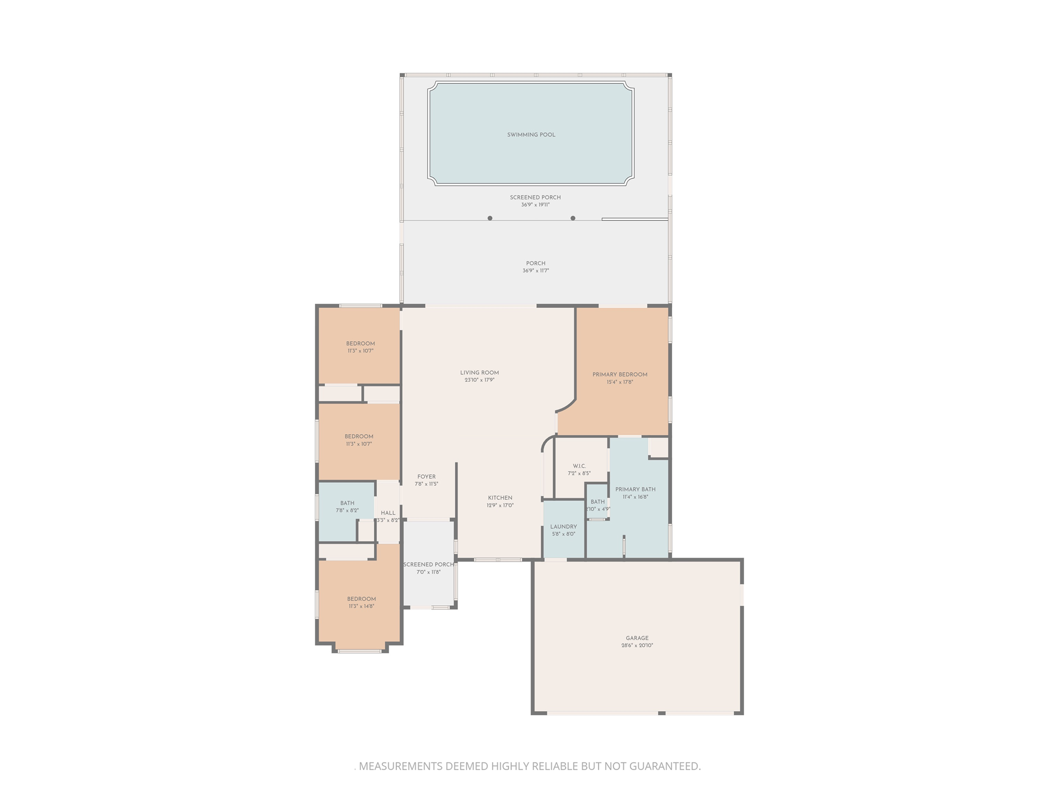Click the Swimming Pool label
(531, 135)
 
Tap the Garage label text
(637, 638)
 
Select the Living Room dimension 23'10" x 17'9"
(479, 380)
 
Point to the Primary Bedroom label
(619, 375)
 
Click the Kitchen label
(500, 498)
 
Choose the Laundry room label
(563, 527)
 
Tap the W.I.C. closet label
(579, 466)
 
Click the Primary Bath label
(635, 490)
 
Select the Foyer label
(427, 477)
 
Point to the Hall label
(388, 513)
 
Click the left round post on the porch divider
(490, 218)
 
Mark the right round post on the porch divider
(573, 218)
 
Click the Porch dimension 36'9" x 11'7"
(536, 271)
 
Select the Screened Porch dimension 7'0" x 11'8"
(429, 572)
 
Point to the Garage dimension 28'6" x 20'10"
(637, 646)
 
